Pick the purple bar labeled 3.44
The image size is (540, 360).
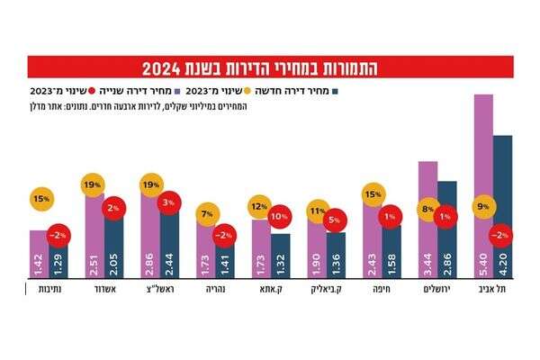pyautogui.click(x=428, y=216)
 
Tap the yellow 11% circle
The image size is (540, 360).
pyautogui.click(x=316, y=212)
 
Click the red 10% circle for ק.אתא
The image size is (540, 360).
pyautogui.click(x=278, y=217)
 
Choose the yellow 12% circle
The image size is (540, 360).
pyautogui.click(x=261, y=207)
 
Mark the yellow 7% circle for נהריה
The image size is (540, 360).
pyautogui.click(x=206, y=213)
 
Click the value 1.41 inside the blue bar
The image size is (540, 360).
pyautogui.click(x=225, y=264)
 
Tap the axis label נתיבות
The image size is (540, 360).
pyautogui.click(x=38, y=292)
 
